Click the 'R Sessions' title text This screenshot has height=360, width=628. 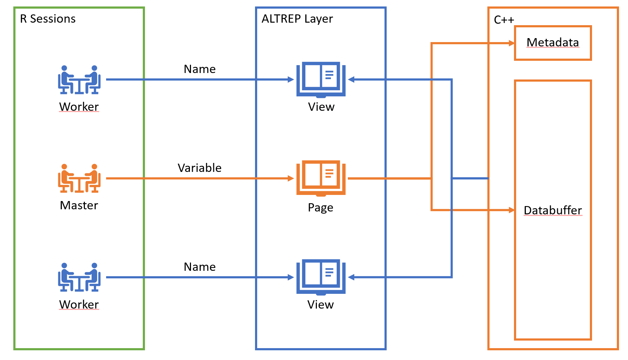(x=47, y=19)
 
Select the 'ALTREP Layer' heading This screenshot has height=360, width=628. (x=297, y=19)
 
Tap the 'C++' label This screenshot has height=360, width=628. (x=504, y=20)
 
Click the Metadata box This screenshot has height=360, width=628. (x=552, y=43)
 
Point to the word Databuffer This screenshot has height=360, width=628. (x=552, y=210)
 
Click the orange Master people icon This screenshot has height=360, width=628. (x=79, y=178)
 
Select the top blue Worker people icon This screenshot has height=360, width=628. (x=79, y=80)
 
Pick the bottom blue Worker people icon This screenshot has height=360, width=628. (x=79, y=277)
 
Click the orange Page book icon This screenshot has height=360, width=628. (x=321, y=178)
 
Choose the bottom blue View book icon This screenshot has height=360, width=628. (x=321, y=277)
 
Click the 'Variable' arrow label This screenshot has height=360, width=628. (x=200, y=168)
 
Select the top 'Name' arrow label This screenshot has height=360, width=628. (x=200, y=69)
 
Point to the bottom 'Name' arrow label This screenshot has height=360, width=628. (x=200, y=267)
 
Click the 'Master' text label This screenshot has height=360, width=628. (x=79, y=205)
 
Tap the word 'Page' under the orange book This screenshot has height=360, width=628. (x=320, y=208)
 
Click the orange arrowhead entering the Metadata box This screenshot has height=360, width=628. (x=511, y=44)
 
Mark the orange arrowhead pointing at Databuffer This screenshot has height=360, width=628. (x=511, y=210)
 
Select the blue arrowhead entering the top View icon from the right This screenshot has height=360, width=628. (x=351, y=79)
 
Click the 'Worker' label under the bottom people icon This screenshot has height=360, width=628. (x=79, y=305)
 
